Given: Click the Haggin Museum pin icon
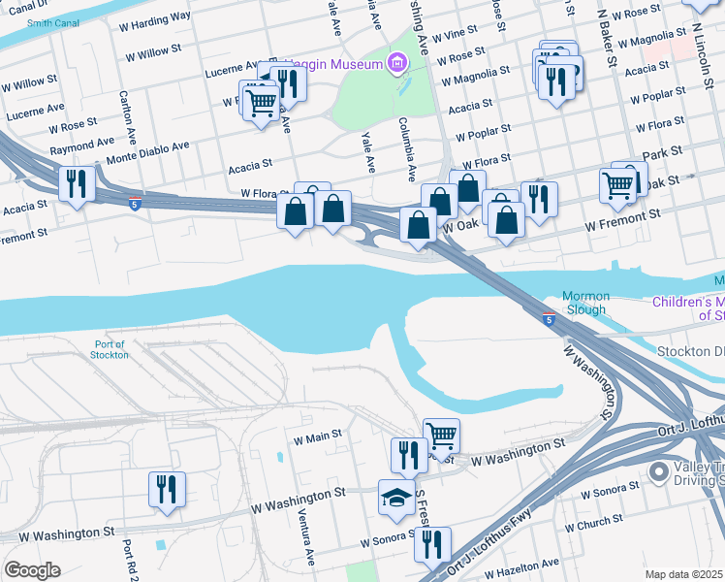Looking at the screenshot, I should tap(394, 65).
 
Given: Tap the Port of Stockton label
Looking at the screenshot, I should tap(111, 349).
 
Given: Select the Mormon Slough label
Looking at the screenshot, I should tap(584, 303).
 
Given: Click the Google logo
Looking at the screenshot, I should tap(31, 569).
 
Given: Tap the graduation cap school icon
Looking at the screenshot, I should tap(396, 498).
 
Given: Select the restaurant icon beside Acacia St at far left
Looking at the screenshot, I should tap(76, 183).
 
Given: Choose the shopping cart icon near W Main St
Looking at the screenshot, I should tap(441, 436).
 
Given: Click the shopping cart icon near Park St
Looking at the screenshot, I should tap(617, 183).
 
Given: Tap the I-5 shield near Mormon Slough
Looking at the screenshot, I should tap(550, 319).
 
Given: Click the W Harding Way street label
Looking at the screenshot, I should tap(157, 18).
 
